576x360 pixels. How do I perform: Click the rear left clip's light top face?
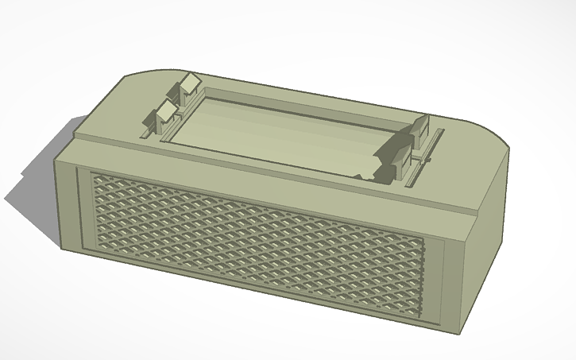click(x=191, y=82)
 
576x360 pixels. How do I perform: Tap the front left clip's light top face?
click(x=168, y=110)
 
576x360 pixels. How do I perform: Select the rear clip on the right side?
click(x=420, y=125)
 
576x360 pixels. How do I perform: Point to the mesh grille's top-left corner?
click(x=93, y=174)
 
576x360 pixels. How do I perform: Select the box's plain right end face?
click(x=486, y=238)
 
